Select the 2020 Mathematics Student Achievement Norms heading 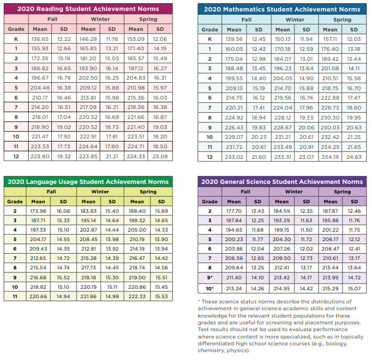pyautogui.click(x=282, y=9)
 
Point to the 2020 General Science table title pyautogui.click(x=282, y=182)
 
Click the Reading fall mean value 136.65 pyautogui.click(x=40, y=39)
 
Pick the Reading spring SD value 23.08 pyautogui.click(x=160, y=156)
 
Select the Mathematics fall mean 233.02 pyautogui.click(x=234, y=156)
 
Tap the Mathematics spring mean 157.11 pyautogui.click(x=330, y=39)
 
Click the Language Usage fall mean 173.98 pyautogui.click(x=38, y=211)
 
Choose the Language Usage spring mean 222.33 pyautogui.click(x=136, y=296)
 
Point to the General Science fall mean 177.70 pyautogui.click(x=234, y=211)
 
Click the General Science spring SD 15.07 pyautogui.click(x=354, y=288)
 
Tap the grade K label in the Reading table pyautogui.click(x=16, y=39)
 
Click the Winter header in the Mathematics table pyautogui.click(x=294, y=19)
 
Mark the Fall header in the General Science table pyautogui.click(x=245, y=192)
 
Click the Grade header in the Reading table pyautogui.click(x=16, y=29)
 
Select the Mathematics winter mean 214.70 pyautogui.click(x=282, y=88)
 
